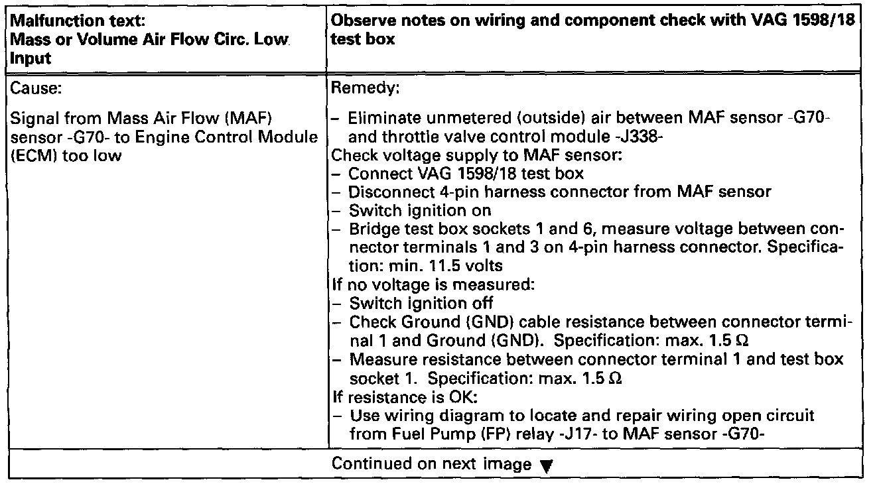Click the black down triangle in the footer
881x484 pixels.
click(x=545, y=465)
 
